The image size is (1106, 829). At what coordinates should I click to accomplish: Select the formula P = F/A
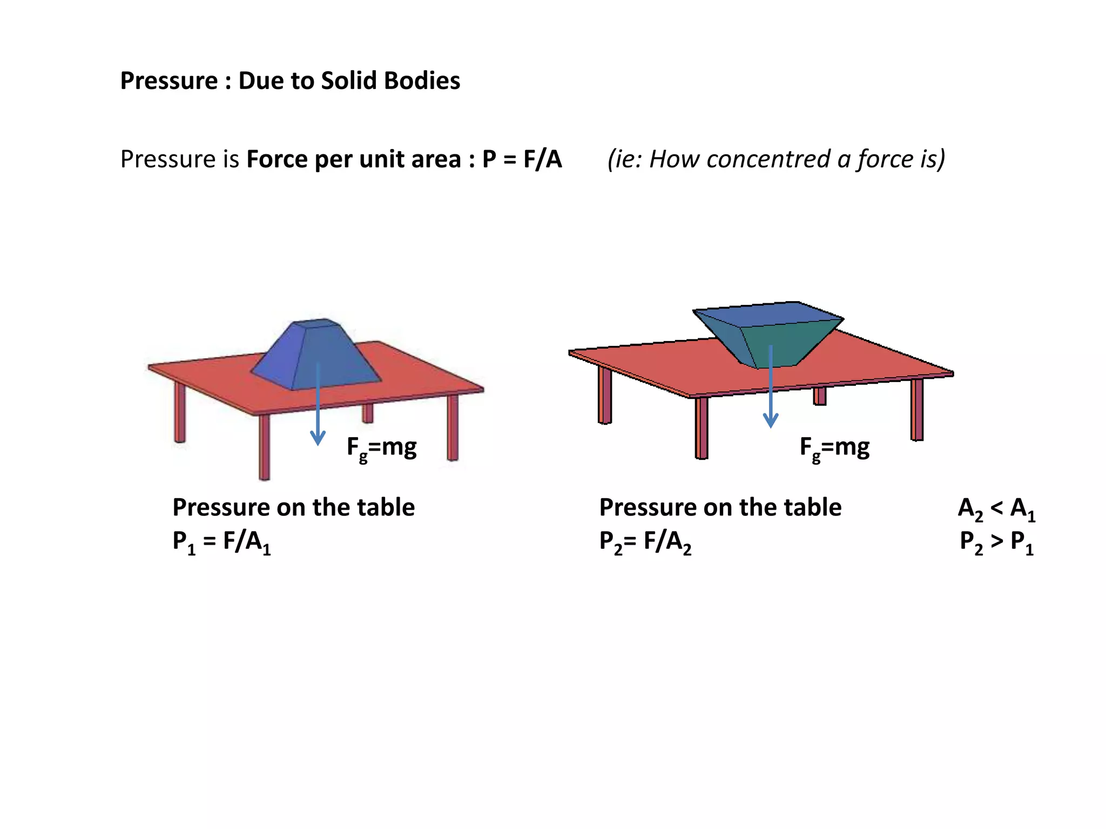522,159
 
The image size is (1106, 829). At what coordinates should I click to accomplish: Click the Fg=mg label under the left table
381,448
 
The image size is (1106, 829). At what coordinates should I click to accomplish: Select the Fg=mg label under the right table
834,448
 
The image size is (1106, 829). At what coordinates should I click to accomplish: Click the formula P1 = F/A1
221,541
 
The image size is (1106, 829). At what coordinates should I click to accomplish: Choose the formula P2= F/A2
645,541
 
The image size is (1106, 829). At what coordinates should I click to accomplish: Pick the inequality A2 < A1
996,508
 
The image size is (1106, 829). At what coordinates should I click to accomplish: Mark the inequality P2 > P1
996,541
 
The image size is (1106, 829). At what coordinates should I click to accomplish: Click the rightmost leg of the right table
917,409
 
